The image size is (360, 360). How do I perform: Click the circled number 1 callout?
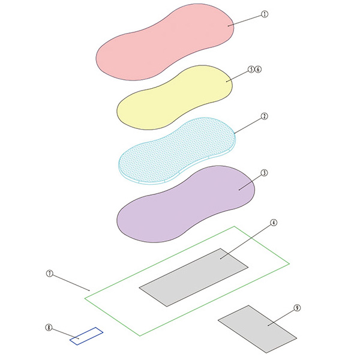(265, 14)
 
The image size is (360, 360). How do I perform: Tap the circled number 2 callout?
(265, 116)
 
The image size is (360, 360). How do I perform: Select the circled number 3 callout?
(264, 173)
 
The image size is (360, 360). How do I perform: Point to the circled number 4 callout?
(274, 223)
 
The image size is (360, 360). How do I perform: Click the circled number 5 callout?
(251, 69)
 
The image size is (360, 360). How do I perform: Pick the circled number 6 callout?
(258, 69)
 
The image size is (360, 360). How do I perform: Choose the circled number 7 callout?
(50, 274)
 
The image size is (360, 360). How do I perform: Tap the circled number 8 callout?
(49, 328)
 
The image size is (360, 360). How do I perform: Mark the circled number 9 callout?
(297, 308)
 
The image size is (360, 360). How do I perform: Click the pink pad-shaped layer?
(164, 43)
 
